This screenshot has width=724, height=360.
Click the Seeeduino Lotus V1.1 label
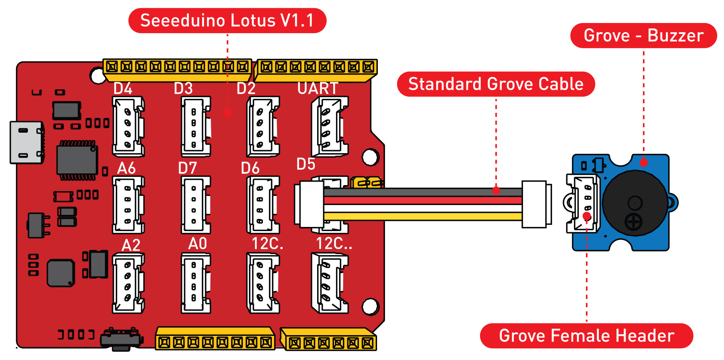[227, 20]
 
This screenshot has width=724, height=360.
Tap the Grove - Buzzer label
[643, 35]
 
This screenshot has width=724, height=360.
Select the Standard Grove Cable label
[495, 84]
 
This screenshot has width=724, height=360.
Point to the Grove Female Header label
[586, 335]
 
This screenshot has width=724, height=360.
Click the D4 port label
[123, 89]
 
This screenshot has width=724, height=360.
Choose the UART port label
[318, 89]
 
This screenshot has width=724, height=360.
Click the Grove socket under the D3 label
[195, 127]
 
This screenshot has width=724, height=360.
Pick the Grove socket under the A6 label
[128, 205]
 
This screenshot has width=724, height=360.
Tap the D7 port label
[187, 168]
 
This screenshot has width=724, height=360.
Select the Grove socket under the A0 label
[195, 283]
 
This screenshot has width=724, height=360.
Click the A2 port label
[131, 245]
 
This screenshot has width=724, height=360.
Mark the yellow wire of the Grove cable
[422, 216]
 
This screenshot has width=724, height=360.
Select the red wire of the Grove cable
[422, 200]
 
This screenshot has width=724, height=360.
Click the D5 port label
[306, 164]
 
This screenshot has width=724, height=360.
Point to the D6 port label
[250, 168]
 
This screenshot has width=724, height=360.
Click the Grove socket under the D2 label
[263, 127]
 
